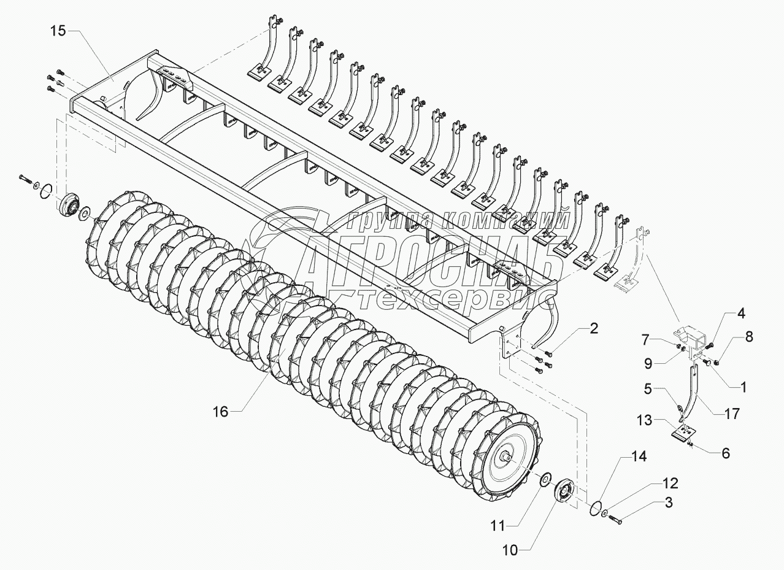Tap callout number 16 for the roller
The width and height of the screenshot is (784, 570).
[220, 412]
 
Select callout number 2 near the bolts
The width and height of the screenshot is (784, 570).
[593, 328]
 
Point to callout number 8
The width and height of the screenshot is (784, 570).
[749, 336]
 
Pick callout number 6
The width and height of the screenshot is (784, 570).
[726, 453]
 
